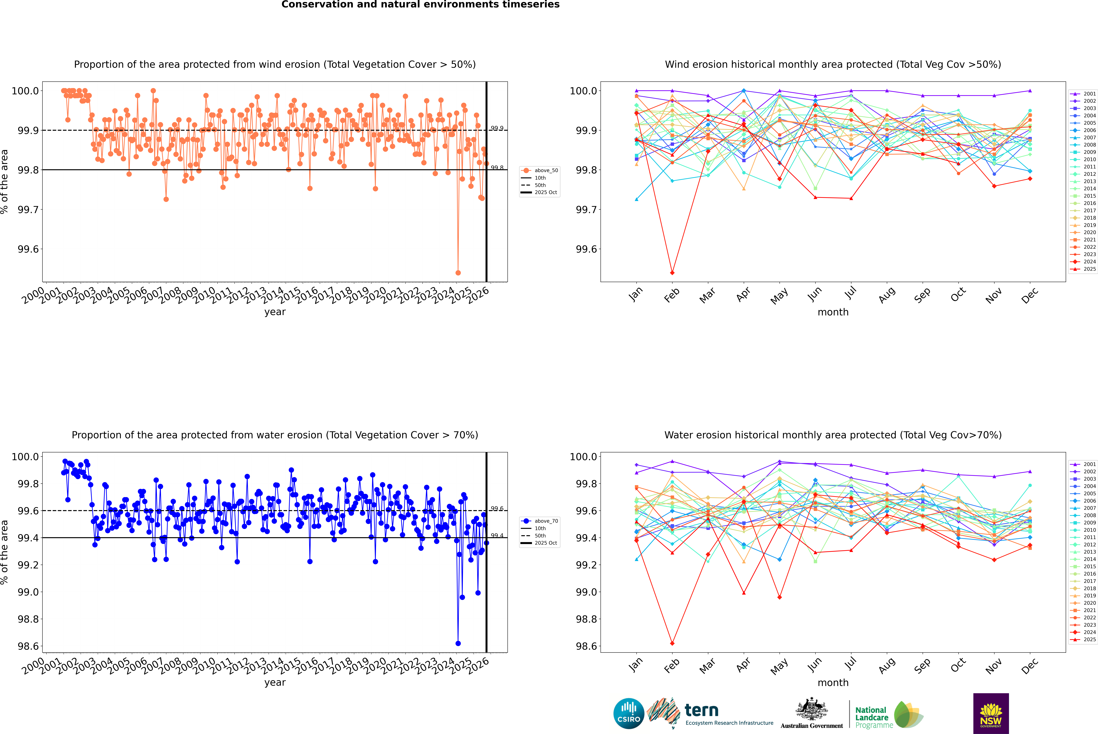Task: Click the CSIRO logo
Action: [x=629, y=713]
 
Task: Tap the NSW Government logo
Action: [x=991, y=713]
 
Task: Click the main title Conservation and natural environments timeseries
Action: [x=420, y=5]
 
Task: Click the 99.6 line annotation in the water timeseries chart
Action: [x=497, y=509]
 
